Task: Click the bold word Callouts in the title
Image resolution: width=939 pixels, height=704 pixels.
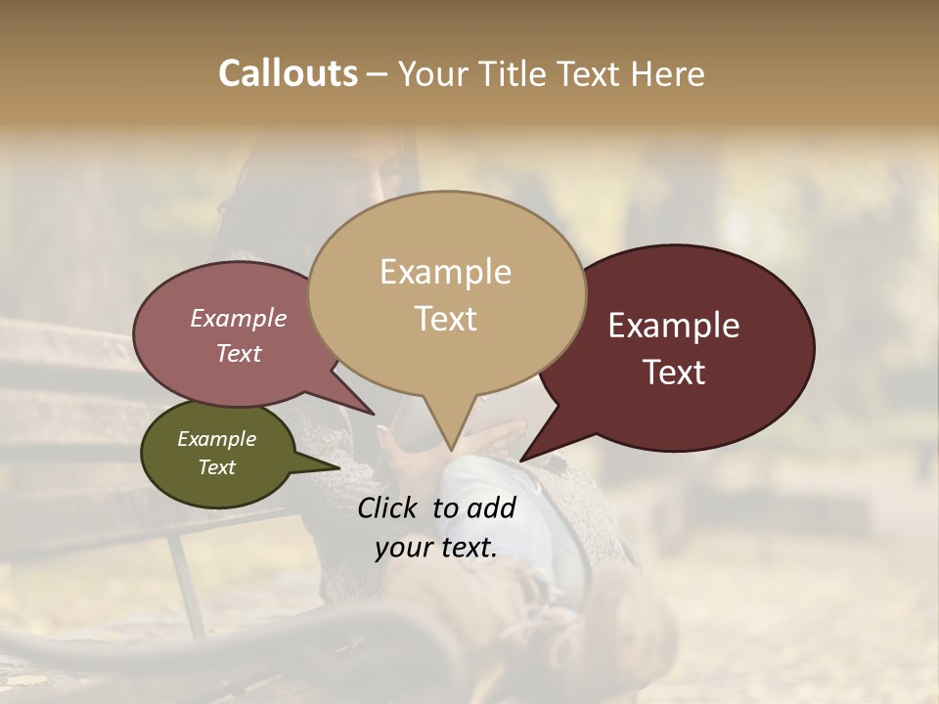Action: [288, 73]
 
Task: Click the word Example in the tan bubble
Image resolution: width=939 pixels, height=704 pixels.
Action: [445, 272]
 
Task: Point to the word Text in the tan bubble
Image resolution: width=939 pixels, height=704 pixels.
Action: [445, 319]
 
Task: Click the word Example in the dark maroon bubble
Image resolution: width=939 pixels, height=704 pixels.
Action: [674, 326]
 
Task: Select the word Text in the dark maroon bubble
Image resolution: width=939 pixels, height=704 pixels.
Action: [674, 373]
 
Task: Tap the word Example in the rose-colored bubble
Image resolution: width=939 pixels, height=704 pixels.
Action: [238, 318]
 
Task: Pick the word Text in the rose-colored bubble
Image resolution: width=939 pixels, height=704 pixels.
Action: [238, 353]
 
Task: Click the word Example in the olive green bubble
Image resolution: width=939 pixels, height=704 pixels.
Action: [216, 439]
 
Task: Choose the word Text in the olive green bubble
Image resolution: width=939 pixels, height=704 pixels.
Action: [216, 467]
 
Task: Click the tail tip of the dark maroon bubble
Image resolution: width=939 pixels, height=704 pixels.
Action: [522, 459]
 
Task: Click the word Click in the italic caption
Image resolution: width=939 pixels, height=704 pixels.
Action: [388, 507]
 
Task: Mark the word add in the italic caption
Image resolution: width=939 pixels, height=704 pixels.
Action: [493, 507]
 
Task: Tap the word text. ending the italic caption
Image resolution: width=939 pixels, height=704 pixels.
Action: [467, 548]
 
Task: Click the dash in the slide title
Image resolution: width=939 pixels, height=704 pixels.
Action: [379, 75]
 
